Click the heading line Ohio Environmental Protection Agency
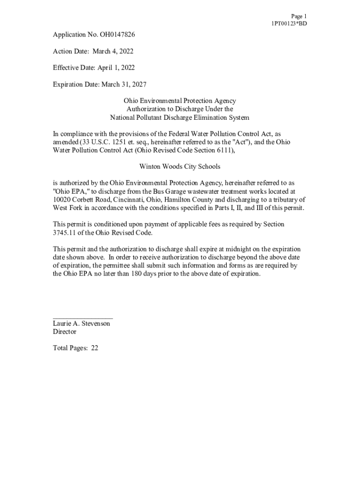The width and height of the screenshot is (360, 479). pyautogui.click(x=180, y=101)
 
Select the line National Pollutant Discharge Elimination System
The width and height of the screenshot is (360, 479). pyautogui.click(x=180, y=117)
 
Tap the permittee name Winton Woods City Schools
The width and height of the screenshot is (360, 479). pyautogui.click(x=180, y=167)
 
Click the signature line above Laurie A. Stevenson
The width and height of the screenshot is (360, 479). pyautogui.click(x=83, y=318)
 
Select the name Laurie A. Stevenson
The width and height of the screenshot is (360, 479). pyautogui.click(x=82, y=324)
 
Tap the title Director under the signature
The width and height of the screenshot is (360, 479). pyautogui.click(x=65, y=332)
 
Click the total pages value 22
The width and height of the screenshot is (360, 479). pyautogui.click(x=94, y=348)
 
